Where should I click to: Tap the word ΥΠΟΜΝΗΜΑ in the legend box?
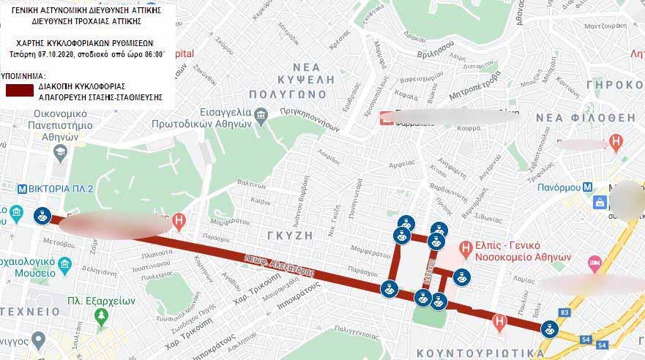[23, 75]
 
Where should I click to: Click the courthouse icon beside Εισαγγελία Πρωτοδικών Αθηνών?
[261, 116]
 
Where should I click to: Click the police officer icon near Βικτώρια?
[42, 216]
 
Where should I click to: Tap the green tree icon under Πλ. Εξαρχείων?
[102, 317]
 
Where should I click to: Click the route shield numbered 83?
[564, 312]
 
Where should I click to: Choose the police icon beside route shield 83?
[547, 329]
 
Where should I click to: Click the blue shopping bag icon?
[600, 202]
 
